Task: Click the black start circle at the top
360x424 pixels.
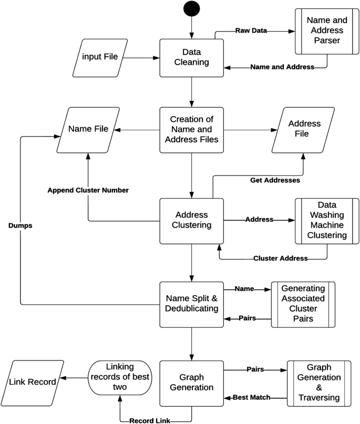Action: (x=191, y=10)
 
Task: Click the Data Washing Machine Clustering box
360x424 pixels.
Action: (x=327, y=221)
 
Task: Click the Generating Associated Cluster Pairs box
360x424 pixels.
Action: (x=303, y=305)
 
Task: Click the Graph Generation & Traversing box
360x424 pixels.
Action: (x=319, y=383)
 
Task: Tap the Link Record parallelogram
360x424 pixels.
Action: (x=33, y=382)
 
